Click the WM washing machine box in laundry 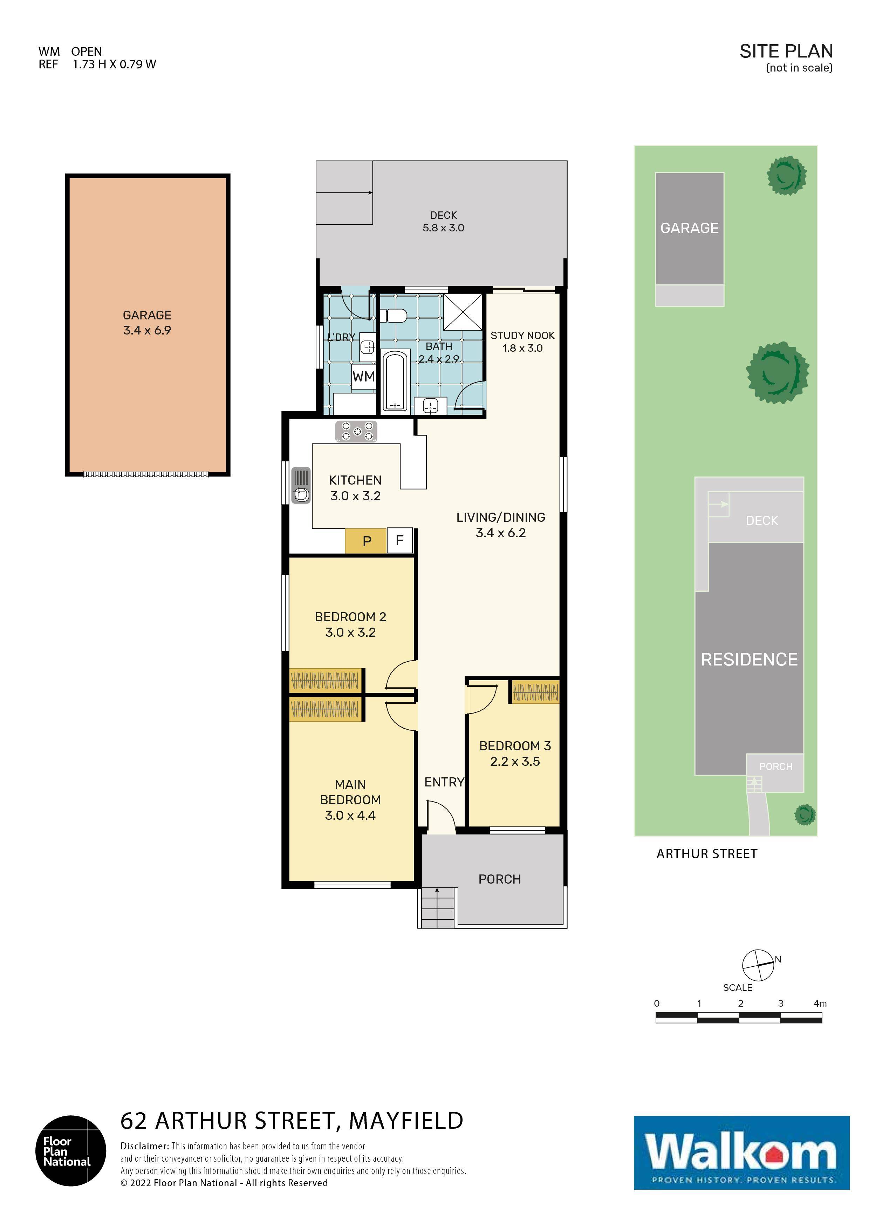[x=364, y=376]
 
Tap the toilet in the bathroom [x=396, y=316]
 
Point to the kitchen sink [x=301, y=485]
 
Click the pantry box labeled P [x=366, y=541]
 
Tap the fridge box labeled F [x=399, y=541]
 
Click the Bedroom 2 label [x=350, y=617]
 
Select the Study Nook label [x=522, y=335]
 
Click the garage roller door [x=146, y=474]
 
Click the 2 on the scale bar [x=740, y=1003]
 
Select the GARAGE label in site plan [x=689, y=228]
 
